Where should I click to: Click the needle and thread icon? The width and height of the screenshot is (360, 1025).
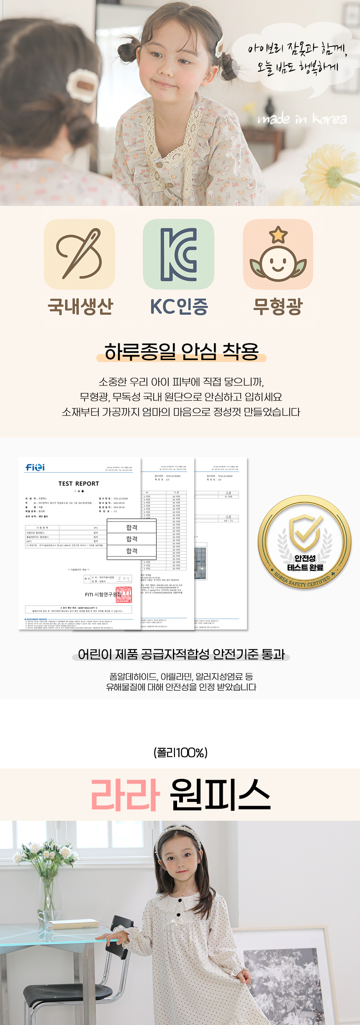point(80,254)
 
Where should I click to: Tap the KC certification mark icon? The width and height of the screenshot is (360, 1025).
point(178,254)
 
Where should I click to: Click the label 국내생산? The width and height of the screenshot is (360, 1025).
point(80,306)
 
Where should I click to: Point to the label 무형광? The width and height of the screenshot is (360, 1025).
point(278,306)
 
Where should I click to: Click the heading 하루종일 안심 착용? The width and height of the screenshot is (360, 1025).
point(181,351)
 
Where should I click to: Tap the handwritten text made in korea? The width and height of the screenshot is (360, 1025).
point(302,119)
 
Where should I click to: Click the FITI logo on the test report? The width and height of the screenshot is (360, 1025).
point(35,467)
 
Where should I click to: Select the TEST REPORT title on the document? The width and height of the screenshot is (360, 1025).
point(79,483)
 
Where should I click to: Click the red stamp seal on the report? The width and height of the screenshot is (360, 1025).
point(123,594)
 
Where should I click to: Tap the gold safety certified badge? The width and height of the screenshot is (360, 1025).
point(304,542)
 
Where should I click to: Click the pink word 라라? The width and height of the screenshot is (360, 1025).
point(125,794)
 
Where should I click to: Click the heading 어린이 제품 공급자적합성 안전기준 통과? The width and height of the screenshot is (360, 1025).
point(181,654)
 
